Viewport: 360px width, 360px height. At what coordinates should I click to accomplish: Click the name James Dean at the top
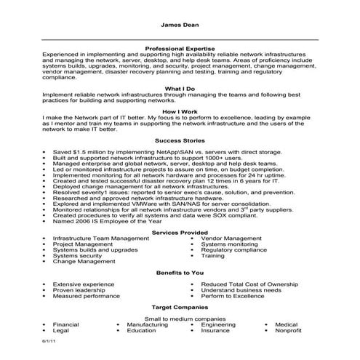(180, 23)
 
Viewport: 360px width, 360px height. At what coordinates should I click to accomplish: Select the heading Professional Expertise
(180, 47)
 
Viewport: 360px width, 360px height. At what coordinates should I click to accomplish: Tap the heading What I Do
(180, 88)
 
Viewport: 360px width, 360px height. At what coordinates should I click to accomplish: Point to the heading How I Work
(180, 111)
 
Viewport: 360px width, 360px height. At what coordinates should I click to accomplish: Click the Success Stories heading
(180, 140)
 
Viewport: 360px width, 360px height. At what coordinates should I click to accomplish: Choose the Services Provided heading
(180, 231)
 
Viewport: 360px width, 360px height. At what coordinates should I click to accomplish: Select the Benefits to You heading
(180, 271)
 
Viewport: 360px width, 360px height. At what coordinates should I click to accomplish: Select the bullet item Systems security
(78, 256)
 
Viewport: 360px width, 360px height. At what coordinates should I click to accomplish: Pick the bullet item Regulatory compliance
(234, 249)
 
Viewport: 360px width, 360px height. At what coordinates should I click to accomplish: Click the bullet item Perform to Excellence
(233, 295)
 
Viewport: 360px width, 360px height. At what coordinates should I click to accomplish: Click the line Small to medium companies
(180, 318)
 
